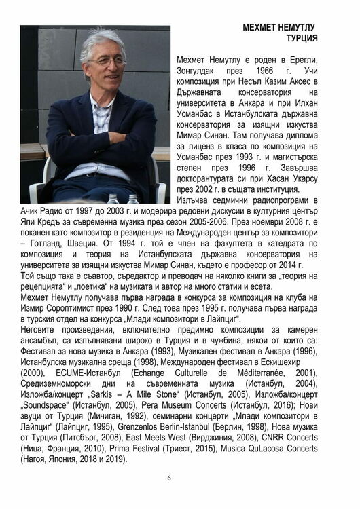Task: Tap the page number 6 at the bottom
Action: [x=169, y=478]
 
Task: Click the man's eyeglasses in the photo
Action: [x=107, y=62]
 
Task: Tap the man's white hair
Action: [x=102, y=40]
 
